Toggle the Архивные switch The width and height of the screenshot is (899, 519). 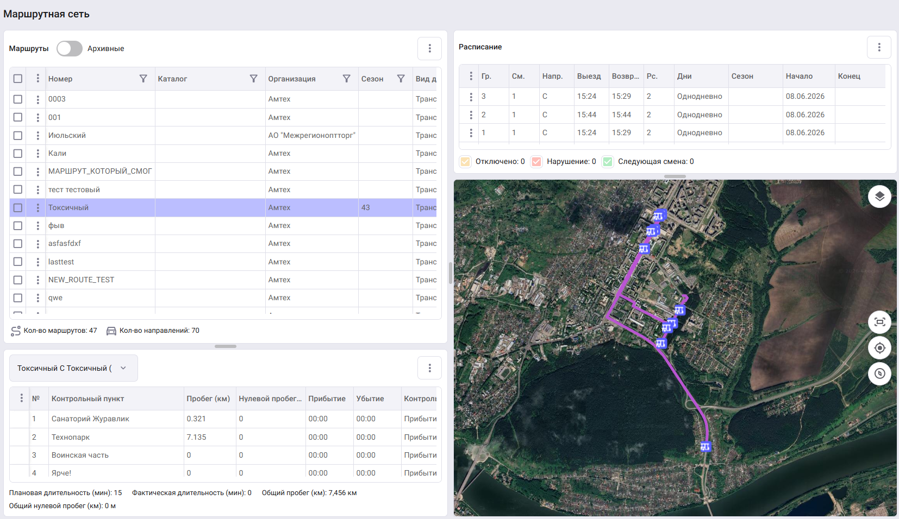70,48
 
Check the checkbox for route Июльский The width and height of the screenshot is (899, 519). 17,136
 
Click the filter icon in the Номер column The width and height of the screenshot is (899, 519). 143,79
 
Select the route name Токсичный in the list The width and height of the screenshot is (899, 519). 68,207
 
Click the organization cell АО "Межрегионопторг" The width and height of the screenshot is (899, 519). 312,136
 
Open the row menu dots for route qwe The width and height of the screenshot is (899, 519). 38,298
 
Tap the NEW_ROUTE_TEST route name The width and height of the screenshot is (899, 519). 81,280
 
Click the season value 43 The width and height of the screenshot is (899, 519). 366,207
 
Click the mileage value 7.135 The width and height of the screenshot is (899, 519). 196,437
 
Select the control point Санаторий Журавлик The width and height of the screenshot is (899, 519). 90,419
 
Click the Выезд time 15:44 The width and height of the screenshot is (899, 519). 587,115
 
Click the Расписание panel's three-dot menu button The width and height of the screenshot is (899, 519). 879,47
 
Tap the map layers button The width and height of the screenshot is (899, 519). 879,197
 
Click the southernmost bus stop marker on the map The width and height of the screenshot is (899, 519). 705,446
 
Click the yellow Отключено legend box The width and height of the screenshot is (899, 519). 465,162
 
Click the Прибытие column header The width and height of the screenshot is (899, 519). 327,399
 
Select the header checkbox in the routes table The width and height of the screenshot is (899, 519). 17,79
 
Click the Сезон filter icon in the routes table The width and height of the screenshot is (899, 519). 401,79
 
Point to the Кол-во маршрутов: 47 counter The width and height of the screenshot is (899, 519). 54,331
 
